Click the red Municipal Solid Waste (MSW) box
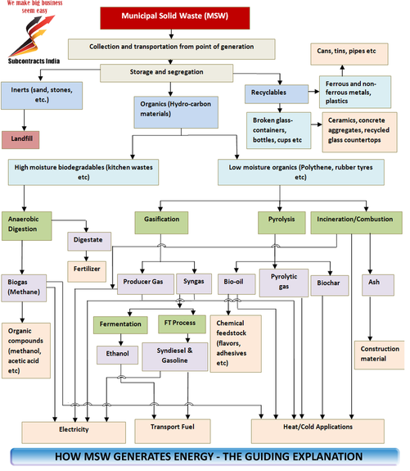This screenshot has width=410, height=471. (x=174, y=18)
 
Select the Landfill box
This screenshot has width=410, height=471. (x=20, y=140)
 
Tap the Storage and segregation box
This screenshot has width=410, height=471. (x=166, y=73)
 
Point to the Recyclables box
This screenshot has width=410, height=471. (x=277, y=94)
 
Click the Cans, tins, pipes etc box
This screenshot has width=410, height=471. (x=349, y=54)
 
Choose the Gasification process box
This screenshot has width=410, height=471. (x=161, y=223)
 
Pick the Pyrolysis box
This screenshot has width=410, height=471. (x=282, y=223)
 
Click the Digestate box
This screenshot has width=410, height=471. (x=89, y=241)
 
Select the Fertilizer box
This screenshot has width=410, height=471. (x=87, y=272)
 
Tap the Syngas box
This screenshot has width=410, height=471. (x=194, y=283)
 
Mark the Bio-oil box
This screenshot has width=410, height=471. (x=237, y=284)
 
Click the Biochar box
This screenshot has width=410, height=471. (x=330, y=285)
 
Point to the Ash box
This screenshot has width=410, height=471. (x=378, y=285)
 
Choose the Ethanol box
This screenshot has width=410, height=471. (x=117, y=355)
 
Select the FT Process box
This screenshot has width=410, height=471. (x=182, y=324)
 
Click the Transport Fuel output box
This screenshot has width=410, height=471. (x=173, y=431)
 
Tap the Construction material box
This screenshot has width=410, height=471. (x=380, y=355)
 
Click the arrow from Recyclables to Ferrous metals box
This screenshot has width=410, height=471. (x=313, y=91)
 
